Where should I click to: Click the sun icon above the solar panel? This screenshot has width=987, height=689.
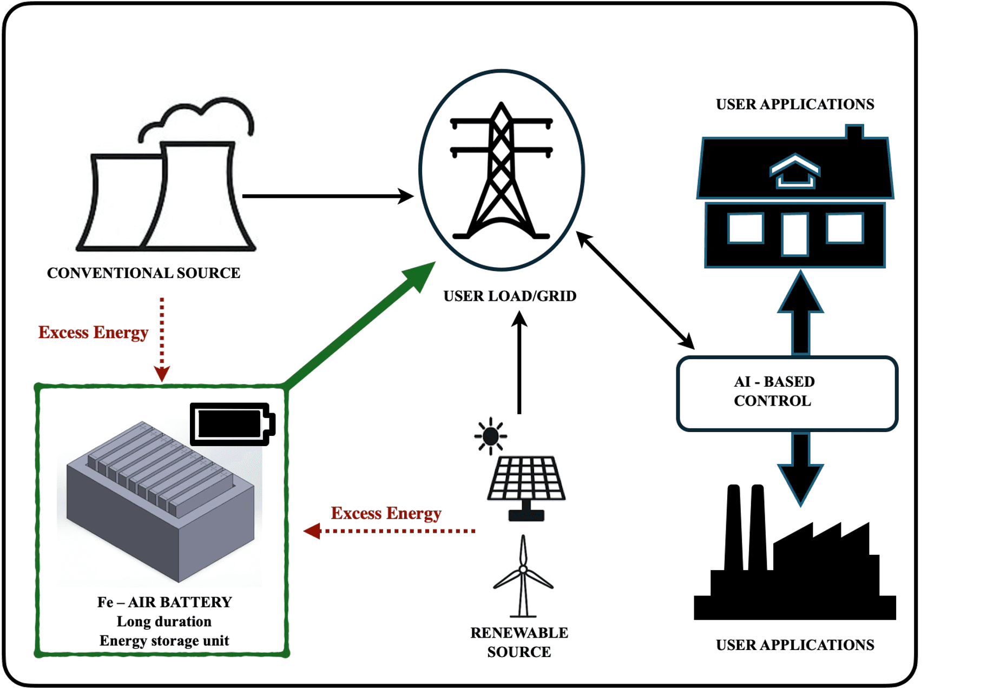490,435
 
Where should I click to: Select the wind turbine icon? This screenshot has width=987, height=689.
523,576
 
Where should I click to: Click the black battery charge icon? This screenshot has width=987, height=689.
232,423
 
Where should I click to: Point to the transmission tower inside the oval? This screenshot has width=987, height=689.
501,173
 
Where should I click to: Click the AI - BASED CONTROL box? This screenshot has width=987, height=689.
787,393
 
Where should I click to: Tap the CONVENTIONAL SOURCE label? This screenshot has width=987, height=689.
143,273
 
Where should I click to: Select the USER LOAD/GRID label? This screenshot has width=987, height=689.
510,296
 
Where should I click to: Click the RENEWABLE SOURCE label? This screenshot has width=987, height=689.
519,642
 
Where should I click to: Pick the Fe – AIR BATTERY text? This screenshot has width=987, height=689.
164,602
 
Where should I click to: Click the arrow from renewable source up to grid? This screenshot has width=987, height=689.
519,362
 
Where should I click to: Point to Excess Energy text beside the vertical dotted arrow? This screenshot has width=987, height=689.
93,332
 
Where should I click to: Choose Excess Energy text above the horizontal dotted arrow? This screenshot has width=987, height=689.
386,513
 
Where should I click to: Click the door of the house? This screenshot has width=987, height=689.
794,234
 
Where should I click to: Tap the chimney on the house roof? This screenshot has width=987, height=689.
854,132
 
